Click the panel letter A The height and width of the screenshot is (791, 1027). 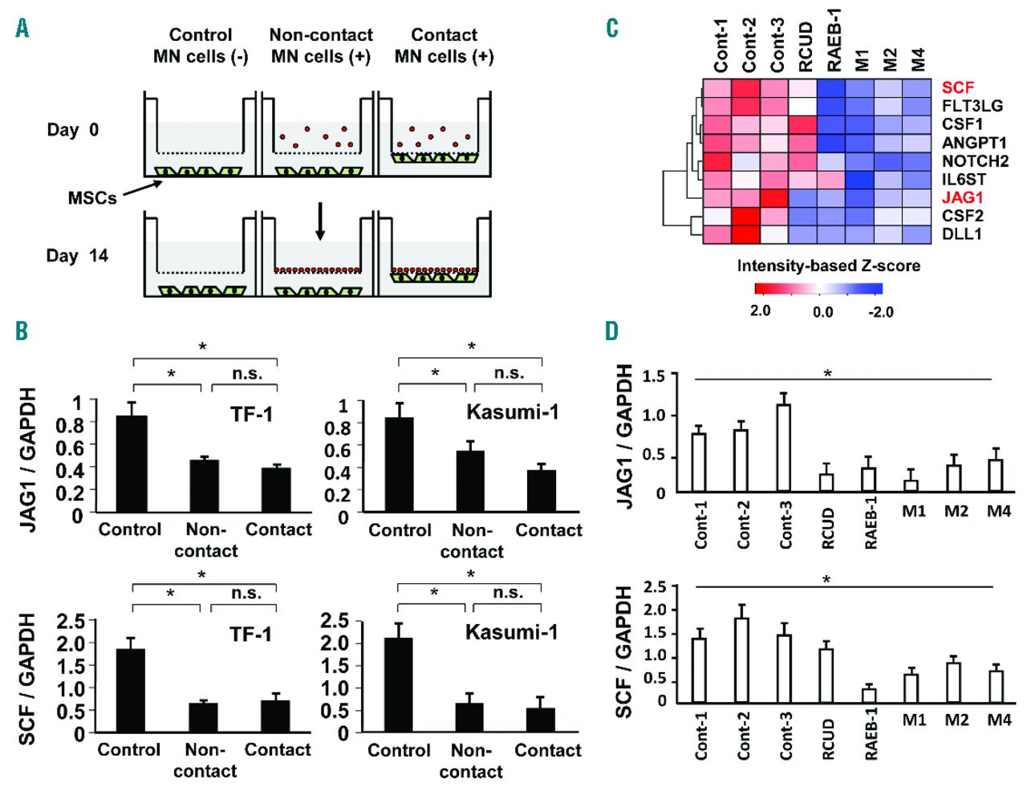coord(22,29)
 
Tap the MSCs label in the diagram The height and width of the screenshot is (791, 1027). coord(91,197)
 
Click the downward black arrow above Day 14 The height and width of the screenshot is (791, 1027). coord(320,221)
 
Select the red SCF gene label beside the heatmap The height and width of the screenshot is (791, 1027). coord(958,87)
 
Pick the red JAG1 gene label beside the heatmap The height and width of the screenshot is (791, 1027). coord(962,197)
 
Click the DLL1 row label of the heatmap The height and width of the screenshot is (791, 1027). coord(962,234)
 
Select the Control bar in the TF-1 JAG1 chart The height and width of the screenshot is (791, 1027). coord(132,464)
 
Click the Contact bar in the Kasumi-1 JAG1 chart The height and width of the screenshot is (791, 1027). coord(542,491)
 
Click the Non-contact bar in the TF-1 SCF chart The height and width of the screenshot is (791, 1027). coord(203,717)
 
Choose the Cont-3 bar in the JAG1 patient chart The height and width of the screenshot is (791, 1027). coord(784,448)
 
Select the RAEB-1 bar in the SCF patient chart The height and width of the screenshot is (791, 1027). coord(869,696)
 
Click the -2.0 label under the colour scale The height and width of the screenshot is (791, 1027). coord(880,312)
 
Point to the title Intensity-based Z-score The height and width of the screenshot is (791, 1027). coord(828,266)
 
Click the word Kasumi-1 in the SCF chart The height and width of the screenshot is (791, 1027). coord(511,632)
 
